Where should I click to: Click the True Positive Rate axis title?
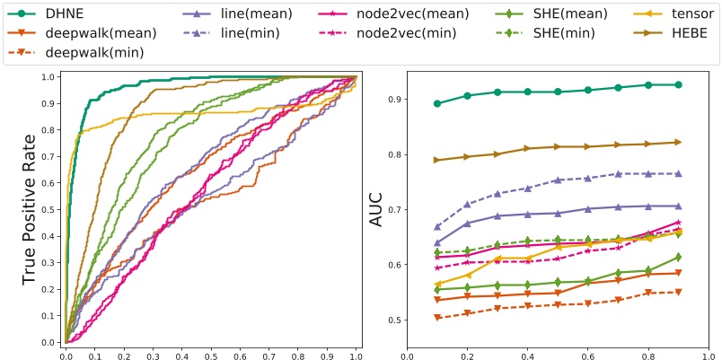(29, 209)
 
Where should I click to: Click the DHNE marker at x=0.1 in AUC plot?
(437, 103)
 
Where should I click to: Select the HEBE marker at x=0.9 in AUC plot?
(678, 142)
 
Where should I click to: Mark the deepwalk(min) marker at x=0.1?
(437, 318)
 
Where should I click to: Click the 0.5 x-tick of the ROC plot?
(211, 356)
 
